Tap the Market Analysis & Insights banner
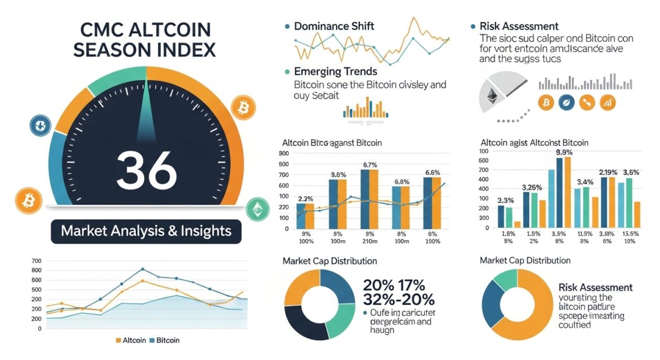[146, 231]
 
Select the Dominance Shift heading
[334, 26]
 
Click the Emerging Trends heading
[336, 72]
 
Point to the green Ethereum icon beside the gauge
[257, 209]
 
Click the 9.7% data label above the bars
[369, 165]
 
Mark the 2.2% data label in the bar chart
[305, 199]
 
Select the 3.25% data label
[533, 187]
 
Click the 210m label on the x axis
[370, 242]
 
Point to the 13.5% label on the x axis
[629, 234]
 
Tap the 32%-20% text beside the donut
[399, 299]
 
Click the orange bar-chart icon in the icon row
[609, 102]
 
